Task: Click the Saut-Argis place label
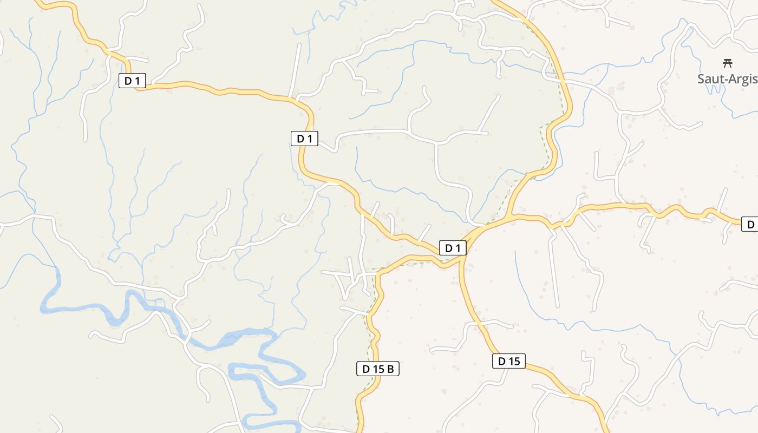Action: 728,79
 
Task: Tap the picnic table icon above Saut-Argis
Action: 728,63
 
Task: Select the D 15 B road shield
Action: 378,369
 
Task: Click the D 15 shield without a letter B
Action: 509,361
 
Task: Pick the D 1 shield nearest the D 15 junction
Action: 452,248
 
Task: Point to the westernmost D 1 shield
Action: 133,81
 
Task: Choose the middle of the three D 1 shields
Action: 304,139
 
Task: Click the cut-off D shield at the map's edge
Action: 750,224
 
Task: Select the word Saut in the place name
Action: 709,79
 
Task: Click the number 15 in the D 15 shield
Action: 514,361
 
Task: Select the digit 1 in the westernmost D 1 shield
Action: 138,81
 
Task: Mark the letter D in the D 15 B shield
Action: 366,369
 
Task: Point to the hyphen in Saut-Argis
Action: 722,80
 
